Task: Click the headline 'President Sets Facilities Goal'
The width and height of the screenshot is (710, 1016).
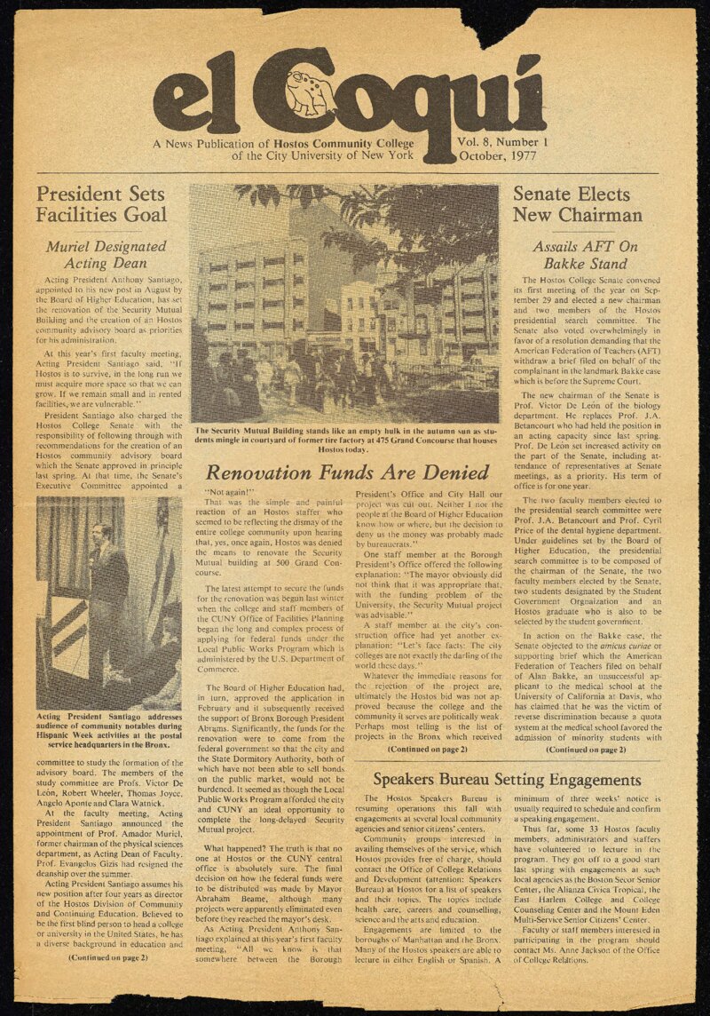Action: click(x=101, y=204)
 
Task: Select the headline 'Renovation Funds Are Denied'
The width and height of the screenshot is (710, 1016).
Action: click(x=347, y=472)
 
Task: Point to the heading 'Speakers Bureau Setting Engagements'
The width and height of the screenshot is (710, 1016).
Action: click(x=507, y=780)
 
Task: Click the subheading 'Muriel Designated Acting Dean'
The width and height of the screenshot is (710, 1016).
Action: click(x=105, y=254)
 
